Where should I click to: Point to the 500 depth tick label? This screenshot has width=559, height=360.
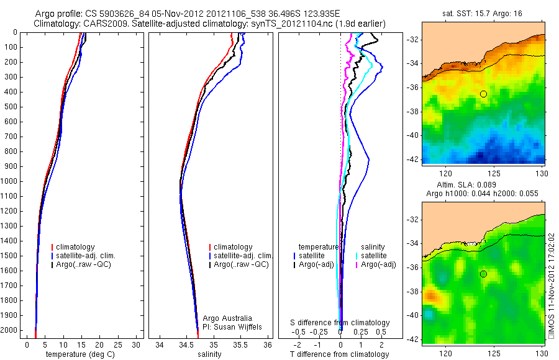click(x=11, y=107)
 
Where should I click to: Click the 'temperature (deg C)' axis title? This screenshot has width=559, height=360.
click(x=81, y=354)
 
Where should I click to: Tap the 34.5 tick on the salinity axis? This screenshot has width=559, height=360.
click(x=186, y=344)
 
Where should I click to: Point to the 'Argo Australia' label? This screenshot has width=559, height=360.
click(x=228, y=318)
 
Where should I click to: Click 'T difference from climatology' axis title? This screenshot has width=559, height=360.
click(x=340, y=354)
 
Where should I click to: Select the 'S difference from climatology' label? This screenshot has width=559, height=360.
click(x=340, y=323)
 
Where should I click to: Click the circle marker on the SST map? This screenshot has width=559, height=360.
click(x=483, y=94)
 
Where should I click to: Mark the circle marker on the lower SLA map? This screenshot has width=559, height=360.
click(x=483, y=274)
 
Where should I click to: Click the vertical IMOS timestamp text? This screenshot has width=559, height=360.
click(x=552, y=286)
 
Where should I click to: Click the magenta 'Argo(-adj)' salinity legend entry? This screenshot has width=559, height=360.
click(x=378, y=264)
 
